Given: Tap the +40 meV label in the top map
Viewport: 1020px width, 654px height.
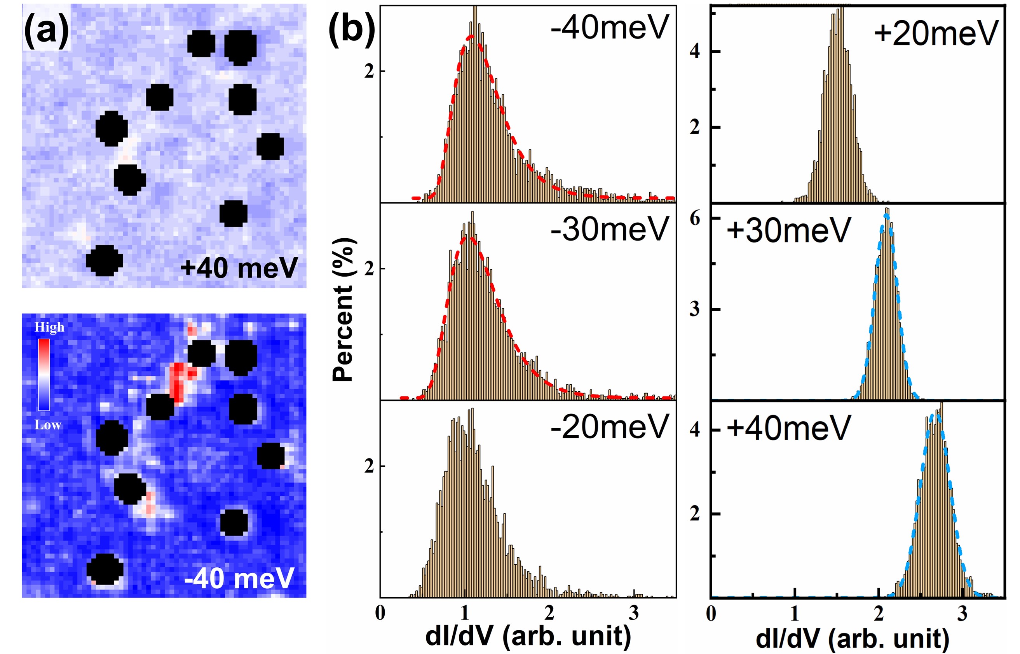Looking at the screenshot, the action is [x=239, y=268].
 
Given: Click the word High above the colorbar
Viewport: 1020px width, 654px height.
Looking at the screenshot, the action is [x=49, y=327].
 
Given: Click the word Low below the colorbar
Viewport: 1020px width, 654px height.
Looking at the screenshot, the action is [x=47, y=425].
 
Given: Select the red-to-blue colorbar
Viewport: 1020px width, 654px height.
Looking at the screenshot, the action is [x=44, y=375].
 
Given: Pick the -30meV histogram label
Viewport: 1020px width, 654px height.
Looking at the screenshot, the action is [x=610, y=228].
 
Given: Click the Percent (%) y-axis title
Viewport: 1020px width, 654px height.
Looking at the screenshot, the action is [x=344, y=310].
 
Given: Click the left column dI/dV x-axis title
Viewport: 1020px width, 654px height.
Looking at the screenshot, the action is [x=528, y=636].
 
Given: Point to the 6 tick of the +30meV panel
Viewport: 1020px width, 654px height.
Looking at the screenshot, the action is [x=695, y=218].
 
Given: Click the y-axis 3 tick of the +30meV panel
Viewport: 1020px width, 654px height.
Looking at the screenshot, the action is [x=695, y=309].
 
